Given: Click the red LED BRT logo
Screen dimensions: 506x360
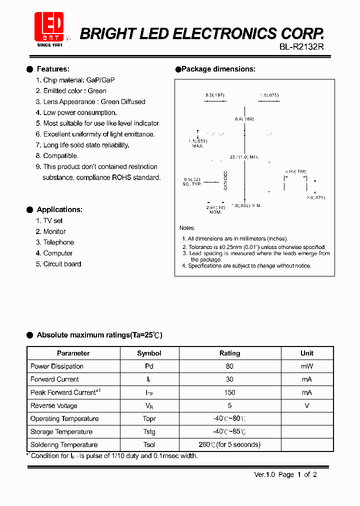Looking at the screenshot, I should [49, 26].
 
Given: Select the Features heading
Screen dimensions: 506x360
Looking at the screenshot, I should [53, 69].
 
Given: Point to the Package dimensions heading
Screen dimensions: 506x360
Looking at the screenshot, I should [218, 69].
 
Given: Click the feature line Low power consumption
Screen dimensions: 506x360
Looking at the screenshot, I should [80, 112].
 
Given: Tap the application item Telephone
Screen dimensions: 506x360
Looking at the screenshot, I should [58, 242].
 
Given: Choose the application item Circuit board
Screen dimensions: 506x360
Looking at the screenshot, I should [62, 264].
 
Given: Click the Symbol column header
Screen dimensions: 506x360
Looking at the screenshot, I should [149, 353].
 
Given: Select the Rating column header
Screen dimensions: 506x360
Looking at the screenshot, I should [229, 353].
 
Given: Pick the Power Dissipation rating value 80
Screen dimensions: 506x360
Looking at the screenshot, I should [229, 366].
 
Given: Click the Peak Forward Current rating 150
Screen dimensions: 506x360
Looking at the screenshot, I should [229, 392].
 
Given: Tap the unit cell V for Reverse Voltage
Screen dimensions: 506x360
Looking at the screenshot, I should [307, 405].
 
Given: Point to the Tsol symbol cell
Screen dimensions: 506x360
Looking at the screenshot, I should [149, 444].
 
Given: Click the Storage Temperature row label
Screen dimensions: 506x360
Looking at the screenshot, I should [61, 431].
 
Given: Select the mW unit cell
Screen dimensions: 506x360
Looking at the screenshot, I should [307, 366].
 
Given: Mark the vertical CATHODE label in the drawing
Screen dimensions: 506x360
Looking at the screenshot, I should [225, 180].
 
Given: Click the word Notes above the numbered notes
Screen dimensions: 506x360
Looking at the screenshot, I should [187, 228].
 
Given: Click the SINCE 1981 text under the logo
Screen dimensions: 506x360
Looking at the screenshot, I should [50, 45].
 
